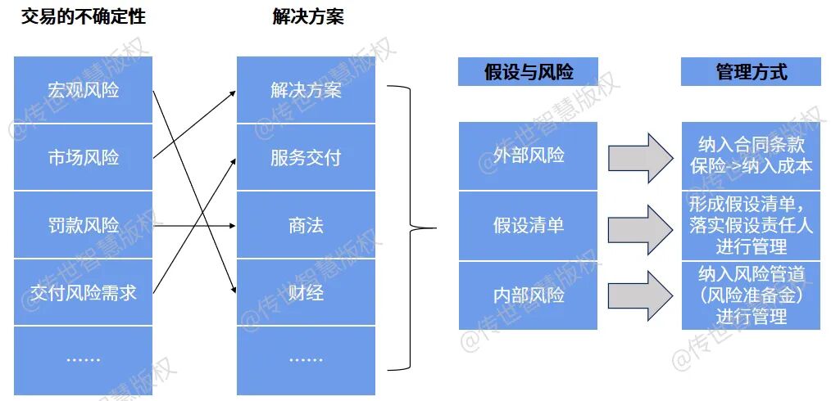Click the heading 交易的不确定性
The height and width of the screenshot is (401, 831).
point(84,17)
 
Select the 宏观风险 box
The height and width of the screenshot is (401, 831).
point(84,90)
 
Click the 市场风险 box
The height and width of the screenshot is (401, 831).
point(84,157)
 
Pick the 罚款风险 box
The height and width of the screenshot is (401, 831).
point(84,225)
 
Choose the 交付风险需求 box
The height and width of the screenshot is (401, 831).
point(84,292)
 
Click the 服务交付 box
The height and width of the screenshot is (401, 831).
point(306,157)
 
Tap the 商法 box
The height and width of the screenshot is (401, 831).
point(306,225)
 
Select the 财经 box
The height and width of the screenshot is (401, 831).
point(306,292)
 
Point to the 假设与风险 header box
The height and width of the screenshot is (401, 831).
point(528,72)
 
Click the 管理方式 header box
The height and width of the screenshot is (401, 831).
point(751,72)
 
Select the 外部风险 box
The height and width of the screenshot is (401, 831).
point(528,155)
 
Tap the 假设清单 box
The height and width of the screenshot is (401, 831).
point(528,225)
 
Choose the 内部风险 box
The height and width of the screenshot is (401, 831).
point(528,295)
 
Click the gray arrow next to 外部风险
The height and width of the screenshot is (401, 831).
point(640,156)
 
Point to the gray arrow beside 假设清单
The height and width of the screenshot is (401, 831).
point(640,225)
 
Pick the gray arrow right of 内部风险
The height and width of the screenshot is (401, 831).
point(640,295)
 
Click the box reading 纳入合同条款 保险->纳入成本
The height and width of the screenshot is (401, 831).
point(751,155)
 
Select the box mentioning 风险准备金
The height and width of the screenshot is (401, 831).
point(751,295)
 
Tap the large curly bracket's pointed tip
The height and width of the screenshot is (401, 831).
point(434,228)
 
